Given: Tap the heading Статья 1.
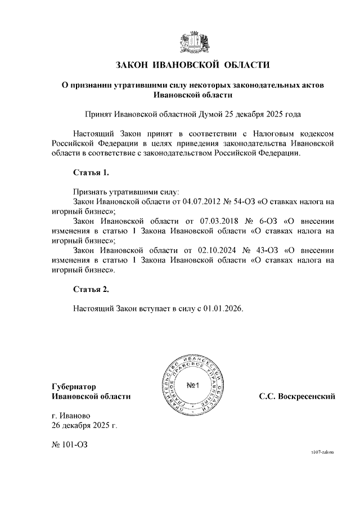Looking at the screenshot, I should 90,172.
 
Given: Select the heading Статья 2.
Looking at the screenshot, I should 90,290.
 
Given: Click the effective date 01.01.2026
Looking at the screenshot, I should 224,309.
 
